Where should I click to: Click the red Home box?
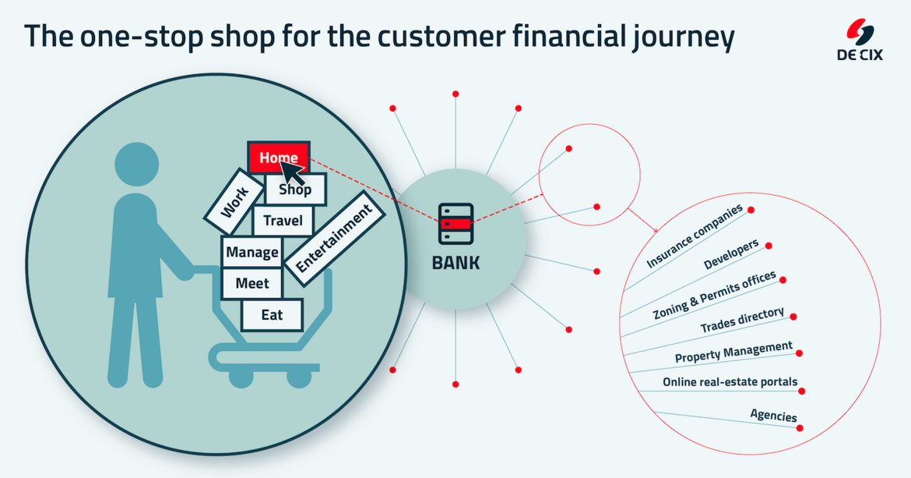(x=278, y=157)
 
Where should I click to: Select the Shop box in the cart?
(x=295, y=189)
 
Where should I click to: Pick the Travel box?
(x=283, y=221)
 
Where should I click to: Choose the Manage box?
(x=251, y=253)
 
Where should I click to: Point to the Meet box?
(x=251, y=284)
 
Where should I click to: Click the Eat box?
(x=272, y=315)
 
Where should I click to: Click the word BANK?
(x=455, y=263)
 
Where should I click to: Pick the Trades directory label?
(x=741, y=321)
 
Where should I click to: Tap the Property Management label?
(x=733, y=352)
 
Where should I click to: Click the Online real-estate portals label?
(x=730, y=382)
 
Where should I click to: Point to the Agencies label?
(x=773, y=416)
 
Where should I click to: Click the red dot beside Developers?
(x=769, y=246)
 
